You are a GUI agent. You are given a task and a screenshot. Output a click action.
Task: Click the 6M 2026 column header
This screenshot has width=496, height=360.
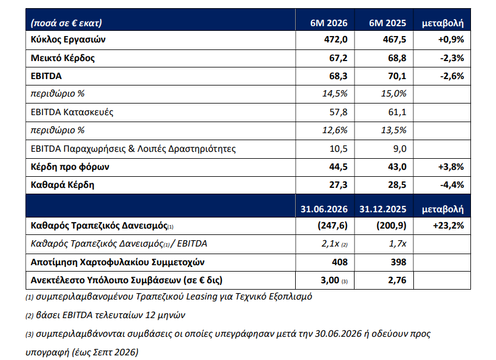coord(329,23)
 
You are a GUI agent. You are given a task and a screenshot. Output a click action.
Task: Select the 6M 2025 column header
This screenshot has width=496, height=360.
coord(388,23)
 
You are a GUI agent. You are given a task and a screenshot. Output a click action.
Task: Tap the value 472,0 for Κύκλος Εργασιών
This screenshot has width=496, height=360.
coord(336,40)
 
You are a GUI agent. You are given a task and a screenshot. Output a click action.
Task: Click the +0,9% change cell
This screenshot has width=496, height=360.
coord(451,40)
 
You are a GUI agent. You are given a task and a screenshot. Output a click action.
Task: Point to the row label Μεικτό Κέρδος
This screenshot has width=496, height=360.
coord(63,58)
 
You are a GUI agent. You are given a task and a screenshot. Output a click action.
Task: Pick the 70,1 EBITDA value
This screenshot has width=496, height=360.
coord(397,76)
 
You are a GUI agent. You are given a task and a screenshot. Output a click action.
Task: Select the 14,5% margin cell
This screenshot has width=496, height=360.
coord(335,94)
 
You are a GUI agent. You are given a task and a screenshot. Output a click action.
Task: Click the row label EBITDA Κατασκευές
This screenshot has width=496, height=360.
coord(72,112)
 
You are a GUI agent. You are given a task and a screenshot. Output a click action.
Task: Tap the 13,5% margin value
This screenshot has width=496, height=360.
coord(394,130)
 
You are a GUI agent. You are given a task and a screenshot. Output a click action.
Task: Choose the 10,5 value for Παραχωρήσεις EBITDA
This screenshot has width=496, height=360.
coord(338,148)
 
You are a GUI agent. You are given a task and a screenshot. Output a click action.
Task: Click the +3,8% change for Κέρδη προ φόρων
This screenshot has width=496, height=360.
coord(451,166)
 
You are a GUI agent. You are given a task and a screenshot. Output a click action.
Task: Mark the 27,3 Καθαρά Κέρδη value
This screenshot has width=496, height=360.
coord(338,185)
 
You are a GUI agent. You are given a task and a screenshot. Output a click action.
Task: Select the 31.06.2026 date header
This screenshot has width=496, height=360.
coord(324,209)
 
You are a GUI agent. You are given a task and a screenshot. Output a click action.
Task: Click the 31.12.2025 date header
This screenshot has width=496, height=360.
coord(382,209)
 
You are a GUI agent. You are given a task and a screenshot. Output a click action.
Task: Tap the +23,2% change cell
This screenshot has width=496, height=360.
coord(448,226)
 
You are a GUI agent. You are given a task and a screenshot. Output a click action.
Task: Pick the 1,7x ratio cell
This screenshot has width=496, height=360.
coord(398,244)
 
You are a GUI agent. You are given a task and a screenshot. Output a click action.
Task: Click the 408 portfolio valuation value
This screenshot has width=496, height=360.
coord(340,262)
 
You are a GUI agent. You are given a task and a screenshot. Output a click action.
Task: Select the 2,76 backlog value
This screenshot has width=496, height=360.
coord(397,280)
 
